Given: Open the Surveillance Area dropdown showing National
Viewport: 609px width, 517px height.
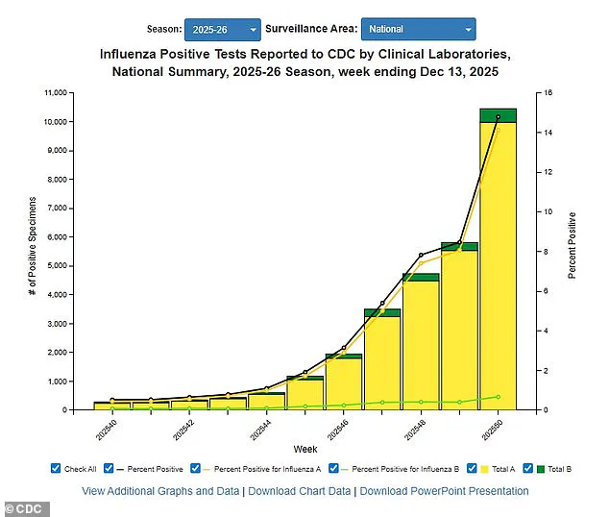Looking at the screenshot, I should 418,30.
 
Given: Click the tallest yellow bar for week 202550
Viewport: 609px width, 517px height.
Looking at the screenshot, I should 498,269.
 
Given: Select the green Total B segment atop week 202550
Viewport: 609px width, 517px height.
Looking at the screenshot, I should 498,115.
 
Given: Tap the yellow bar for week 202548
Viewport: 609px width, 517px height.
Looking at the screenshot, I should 421,346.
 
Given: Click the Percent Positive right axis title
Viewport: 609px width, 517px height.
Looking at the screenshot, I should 572,245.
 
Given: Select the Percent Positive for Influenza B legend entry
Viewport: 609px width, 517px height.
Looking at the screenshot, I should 395,468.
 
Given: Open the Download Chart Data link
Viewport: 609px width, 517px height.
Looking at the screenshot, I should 299,491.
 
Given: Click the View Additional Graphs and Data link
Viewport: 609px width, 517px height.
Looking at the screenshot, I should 159,491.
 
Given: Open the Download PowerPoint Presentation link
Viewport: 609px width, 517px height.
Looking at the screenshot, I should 444,491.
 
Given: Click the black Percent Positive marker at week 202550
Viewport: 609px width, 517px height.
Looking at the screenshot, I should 498,117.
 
